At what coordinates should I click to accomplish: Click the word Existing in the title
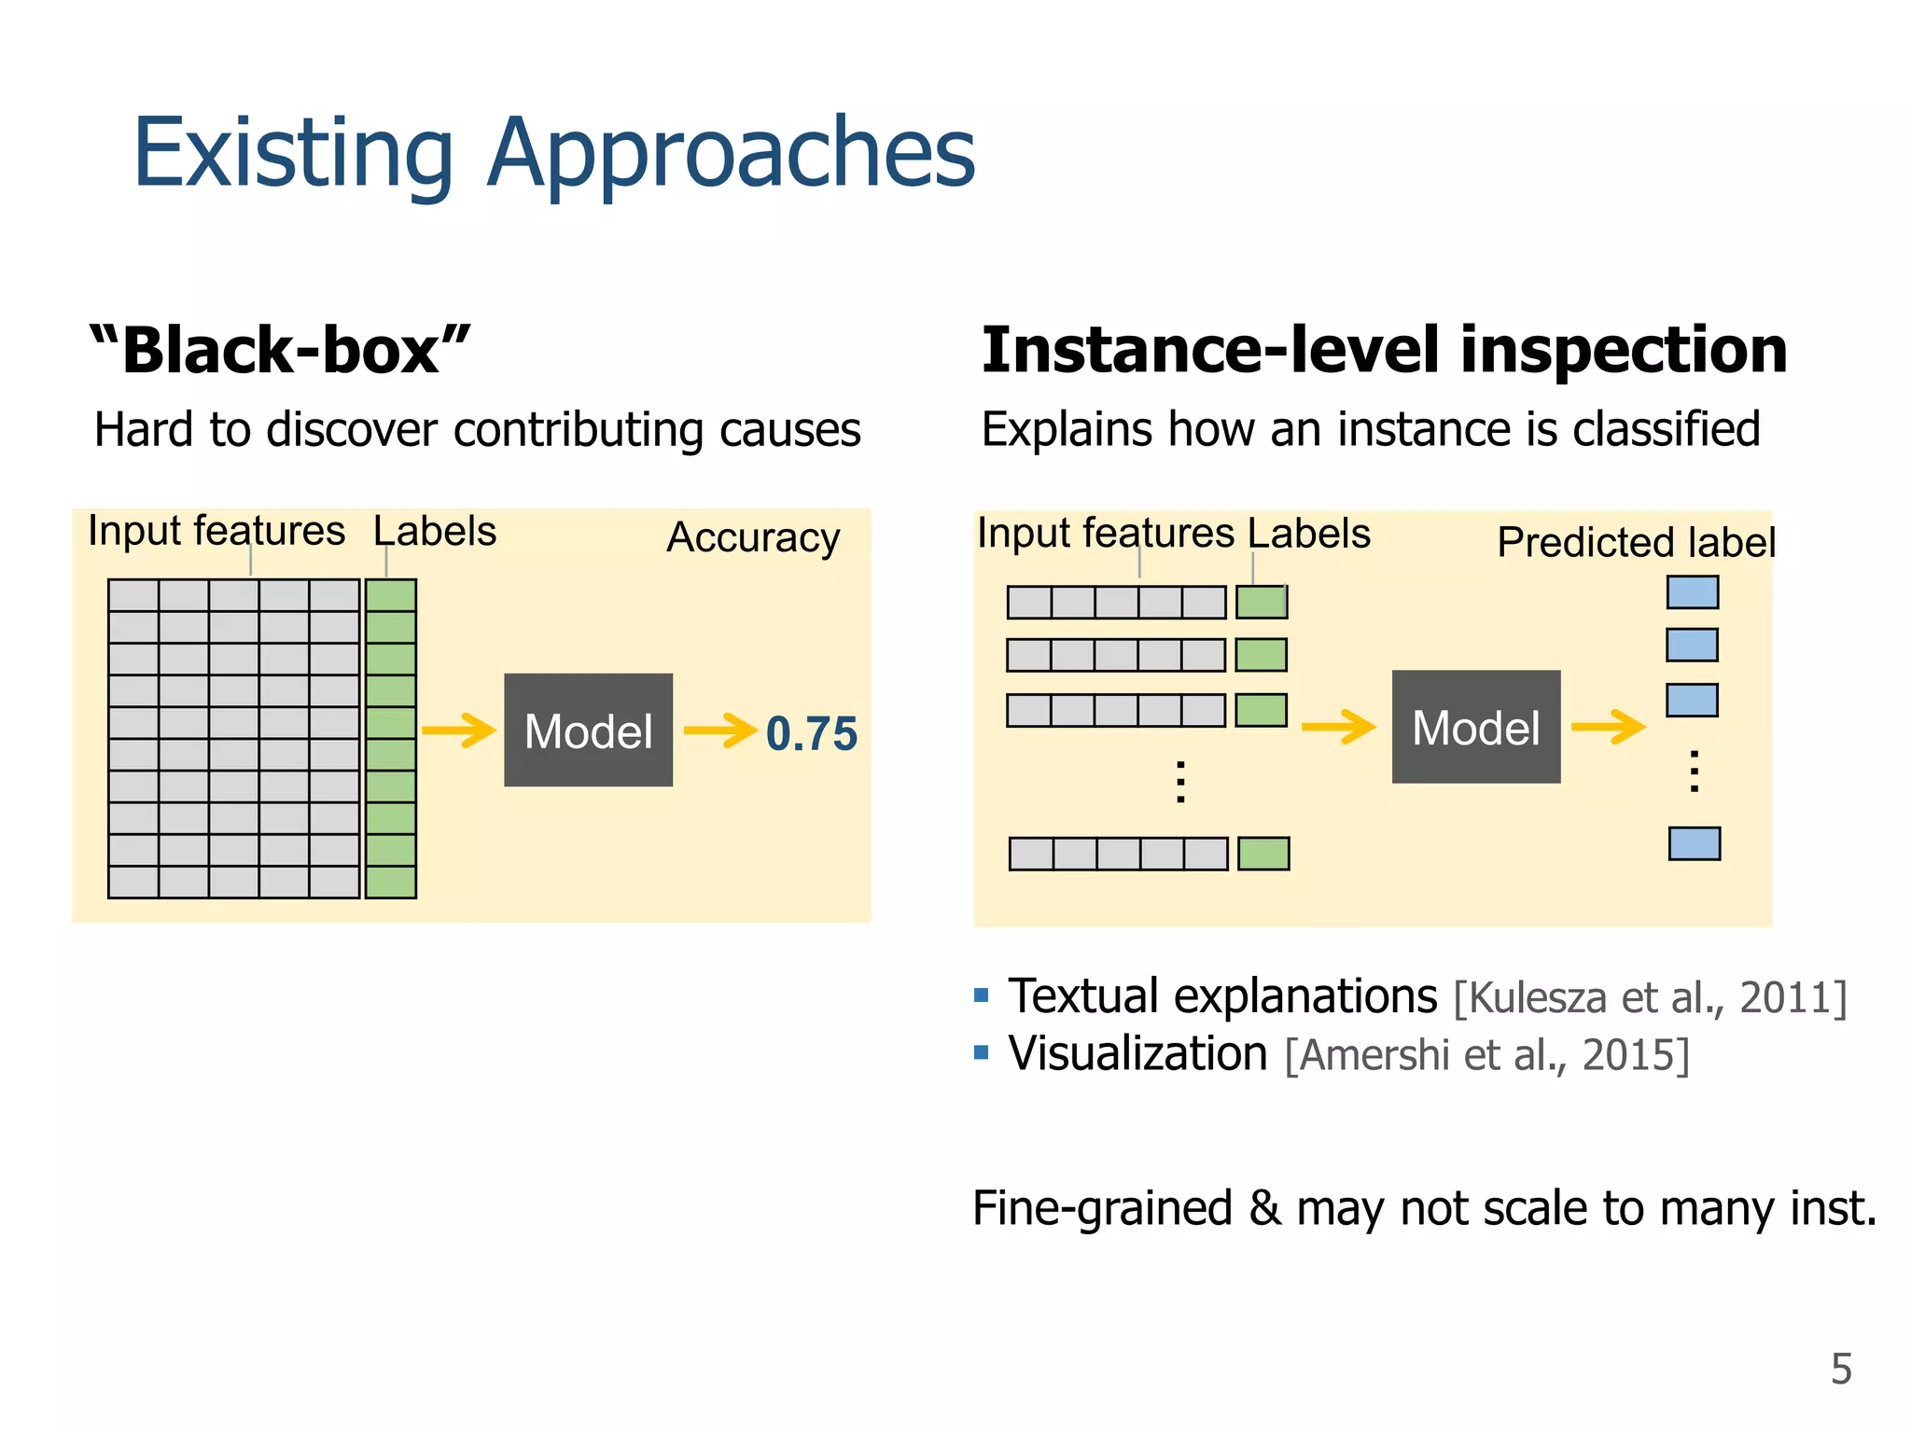point(293,154)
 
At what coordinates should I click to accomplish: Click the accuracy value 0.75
point(811,733)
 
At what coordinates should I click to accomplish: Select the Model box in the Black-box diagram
point(588,730)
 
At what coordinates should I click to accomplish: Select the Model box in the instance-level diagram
point(1475,727)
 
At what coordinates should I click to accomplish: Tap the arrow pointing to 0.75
point(719,730)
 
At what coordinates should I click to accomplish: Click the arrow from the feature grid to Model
point(458,730)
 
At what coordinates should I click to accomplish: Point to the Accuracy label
point(753,537)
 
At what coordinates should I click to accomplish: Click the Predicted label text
point(1635,542)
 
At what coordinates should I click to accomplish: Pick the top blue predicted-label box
point(1692,592)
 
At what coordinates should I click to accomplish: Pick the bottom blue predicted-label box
point(1694,843)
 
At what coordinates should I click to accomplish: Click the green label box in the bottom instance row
point(1263,854)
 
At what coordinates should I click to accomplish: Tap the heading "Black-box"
point(280,351)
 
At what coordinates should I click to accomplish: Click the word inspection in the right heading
point(1624,351)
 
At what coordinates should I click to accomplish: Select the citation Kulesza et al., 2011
point(1650,997)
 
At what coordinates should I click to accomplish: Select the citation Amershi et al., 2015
point(1486,1055)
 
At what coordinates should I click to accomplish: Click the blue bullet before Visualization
point(981,1053)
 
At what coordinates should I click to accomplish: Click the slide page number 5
point(1840,1369)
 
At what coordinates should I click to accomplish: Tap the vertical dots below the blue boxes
point(1694,772)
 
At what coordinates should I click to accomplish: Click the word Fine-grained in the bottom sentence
point(1102,1208)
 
